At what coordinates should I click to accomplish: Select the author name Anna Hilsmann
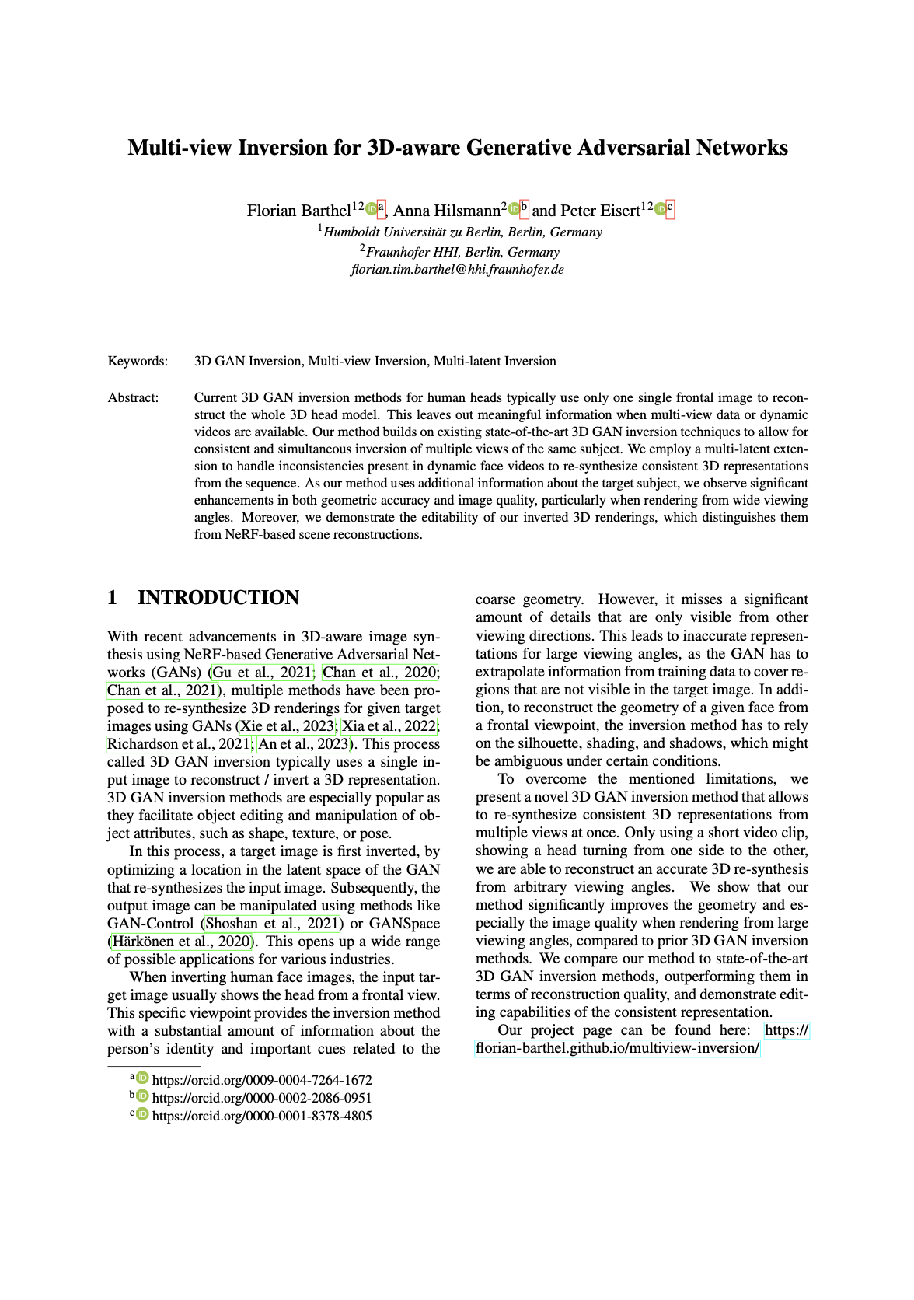click(x=445, y=211)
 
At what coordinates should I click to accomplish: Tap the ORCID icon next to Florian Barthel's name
click(x=371, y=208)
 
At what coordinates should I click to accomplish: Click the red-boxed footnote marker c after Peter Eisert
click(x=670, y=208)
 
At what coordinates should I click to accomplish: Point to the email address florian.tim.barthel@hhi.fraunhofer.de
click(x=457, y=270)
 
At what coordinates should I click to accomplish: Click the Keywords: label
click(x=138, y=361)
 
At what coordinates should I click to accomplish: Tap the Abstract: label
click(x=133, y=397)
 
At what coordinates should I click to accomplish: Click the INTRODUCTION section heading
click(x=218, y=598)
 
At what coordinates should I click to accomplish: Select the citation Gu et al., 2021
click(x=262, y=672)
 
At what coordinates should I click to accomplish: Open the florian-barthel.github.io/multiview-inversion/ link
click(x=617, y=1048)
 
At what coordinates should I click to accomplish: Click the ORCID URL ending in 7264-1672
click(x=261, y=1080)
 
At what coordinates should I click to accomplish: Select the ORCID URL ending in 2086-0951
click(x=261, y=1098)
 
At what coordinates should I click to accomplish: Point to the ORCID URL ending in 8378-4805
click(x=261, y=1116)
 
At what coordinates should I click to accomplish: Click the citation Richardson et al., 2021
click(x=179, y=743)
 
